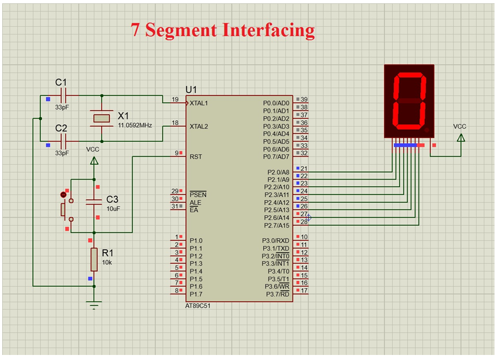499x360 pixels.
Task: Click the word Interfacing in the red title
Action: click(268, 31)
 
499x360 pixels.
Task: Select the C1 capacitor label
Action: click(61, 82)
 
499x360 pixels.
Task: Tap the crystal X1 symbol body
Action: click(102, 119)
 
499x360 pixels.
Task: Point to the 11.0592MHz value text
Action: click(135, 125)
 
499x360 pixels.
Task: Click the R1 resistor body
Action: click(94, 259)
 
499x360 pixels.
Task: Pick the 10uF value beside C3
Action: click(113, 209)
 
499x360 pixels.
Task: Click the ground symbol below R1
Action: click(94, 305)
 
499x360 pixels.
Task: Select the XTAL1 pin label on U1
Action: click(198, 103)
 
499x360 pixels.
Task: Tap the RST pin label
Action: click(196, 157)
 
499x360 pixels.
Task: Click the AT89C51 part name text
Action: click(198, 306)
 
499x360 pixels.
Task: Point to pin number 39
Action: click(304, 100)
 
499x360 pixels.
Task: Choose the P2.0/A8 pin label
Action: click(278, 172)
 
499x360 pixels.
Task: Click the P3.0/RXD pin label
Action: click(275, 240)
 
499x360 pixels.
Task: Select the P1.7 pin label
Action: click(196, 294)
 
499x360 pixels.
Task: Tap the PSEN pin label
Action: click(198, 195)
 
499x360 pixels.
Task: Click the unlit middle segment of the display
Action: click(409, 101)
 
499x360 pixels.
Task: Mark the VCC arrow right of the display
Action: click(461, 138)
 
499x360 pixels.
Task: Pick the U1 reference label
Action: click(191, 90)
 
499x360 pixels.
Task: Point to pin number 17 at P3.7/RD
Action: click(304, 290)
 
